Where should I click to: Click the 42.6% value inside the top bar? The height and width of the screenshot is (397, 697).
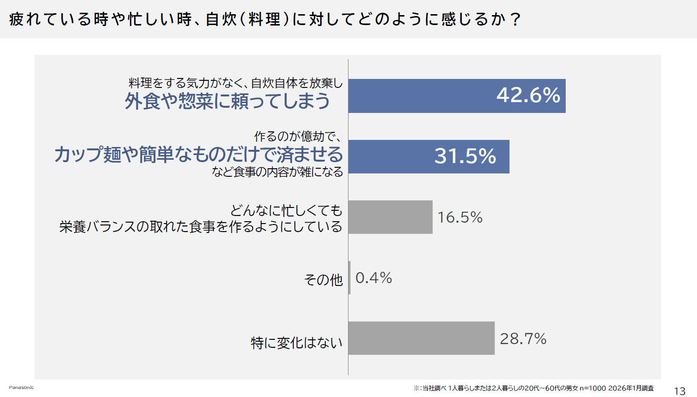coord(528,95)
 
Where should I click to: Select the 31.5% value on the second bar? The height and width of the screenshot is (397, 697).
coord(465,156)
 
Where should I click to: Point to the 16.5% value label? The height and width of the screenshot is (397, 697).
coord(460,217)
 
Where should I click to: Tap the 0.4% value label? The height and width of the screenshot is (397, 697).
coord(374,278)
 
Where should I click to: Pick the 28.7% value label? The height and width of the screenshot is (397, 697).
coord(523,339)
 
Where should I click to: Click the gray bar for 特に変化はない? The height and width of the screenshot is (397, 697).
coord(421,338)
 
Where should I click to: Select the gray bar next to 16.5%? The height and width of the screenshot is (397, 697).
coord(390,217)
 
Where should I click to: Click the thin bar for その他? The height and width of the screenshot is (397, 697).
coord(349,278)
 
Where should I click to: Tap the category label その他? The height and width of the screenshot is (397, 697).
coord(323,280)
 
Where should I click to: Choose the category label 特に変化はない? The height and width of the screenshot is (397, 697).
coord(297,343)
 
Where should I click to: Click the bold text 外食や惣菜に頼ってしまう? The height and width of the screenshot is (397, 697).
coord(227,101)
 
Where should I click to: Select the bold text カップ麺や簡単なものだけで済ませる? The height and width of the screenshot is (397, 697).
coord(198,155)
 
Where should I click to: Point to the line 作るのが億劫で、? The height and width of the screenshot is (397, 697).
coord(297,137)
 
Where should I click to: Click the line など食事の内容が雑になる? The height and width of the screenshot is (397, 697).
coord(277,172)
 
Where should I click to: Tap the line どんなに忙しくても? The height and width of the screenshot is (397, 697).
coord(286,210)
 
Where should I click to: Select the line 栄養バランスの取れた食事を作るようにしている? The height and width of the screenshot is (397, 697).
coord(201,227)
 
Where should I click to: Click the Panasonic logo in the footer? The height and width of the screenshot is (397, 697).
coord(21,388)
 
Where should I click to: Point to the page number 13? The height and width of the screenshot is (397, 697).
coord(679,391)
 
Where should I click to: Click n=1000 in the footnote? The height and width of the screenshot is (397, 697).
coord(592,388)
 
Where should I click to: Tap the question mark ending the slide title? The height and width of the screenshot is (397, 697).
coord(515,20)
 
